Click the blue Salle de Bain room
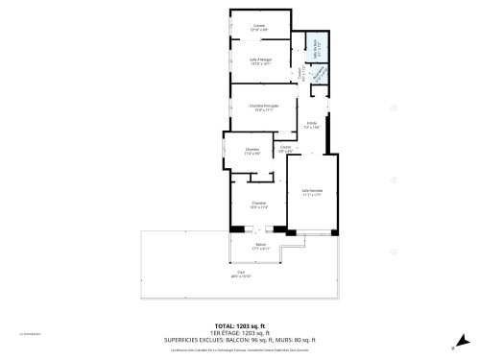(x=314, y=46)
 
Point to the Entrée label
(x=311, y=124)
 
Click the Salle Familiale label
(x=311, y=190)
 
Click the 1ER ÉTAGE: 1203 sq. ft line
(x=240, y=334)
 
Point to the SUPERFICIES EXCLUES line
(x=240, y=341)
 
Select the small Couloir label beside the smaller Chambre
(x=285, y=147)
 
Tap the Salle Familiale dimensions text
(x=311, y=194)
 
